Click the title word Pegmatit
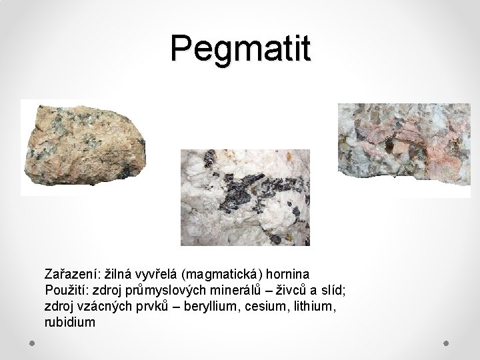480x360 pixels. [x=241, y=49]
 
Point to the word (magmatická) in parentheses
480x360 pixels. [x=222, y=275]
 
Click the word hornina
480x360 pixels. [x=288, y=274]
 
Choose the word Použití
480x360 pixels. [x=67, y=290]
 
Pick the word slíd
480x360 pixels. [x=333, y=290]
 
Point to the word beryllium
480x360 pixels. [x=210, y=307]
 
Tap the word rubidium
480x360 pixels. [x=70, y=322]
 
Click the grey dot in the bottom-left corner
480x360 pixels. [x=32, y=343]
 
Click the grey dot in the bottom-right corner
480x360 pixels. [x=446, y=343]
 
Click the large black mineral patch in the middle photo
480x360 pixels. [x=240, y=191]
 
